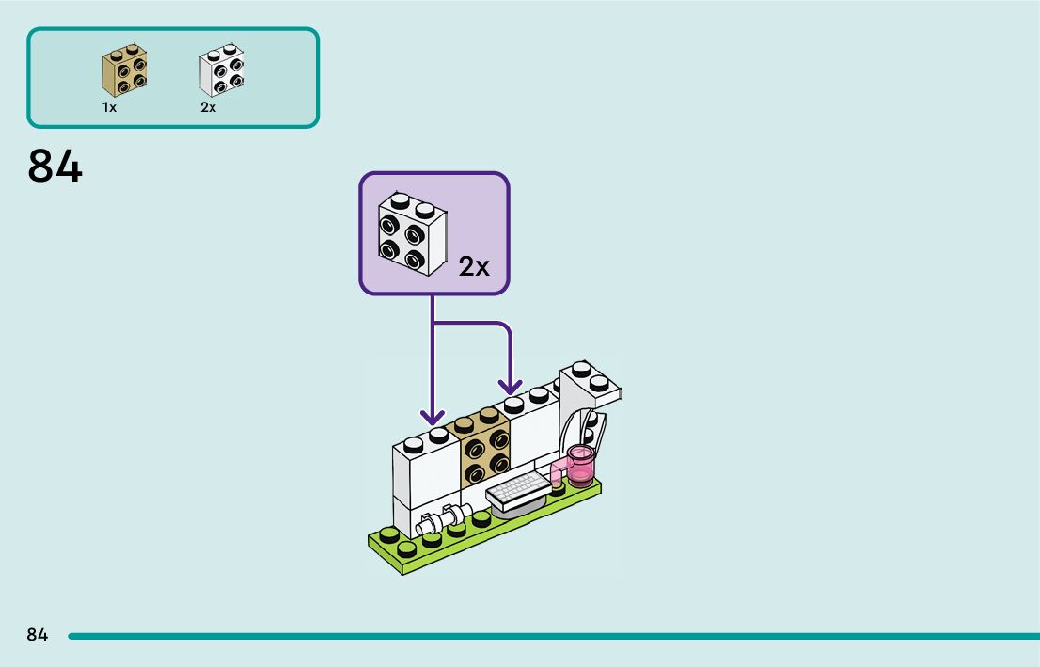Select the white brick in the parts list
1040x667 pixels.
point(222,71)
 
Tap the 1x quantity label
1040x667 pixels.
point(109,108)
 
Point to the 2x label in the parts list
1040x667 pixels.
point(208,108)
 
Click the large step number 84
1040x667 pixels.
point(55,167)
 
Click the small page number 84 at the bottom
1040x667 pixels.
point(37,635)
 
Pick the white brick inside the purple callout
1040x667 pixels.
point(411,234)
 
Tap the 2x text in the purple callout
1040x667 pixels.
point(474,267)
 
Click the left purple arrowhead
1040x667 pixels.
point(433,415)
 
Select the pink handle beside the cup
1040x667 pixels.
point(560,469)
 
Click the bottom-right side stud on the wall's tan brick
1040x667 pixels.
point(498,463)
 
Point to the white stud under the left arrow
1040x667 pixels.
point(438,435)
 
